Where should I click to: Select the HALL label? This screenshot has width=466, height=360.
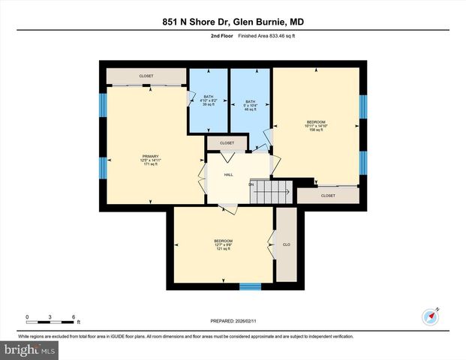coord(229,174)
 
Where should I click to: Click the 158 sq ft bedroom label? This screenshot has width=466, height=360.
coord(316,125)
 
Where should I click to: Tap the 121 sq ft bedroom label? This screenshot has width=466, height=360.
coord(223,244)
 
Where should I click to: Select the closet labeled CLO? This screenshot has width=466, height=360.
coord(286,243)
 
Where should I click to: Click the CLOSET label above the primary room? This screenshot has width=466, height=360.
coord(146,76)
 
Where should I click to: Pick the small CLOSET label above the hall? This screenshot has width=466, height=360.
coord(226,142)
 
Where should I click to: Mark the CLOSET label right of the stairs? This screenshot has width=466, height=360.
coord(327,195)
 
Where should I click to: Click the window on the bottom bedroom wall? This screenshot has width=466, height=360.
coord(250,285)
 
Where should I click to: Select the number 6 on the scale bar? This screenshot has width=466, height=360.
coord(73,316)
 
